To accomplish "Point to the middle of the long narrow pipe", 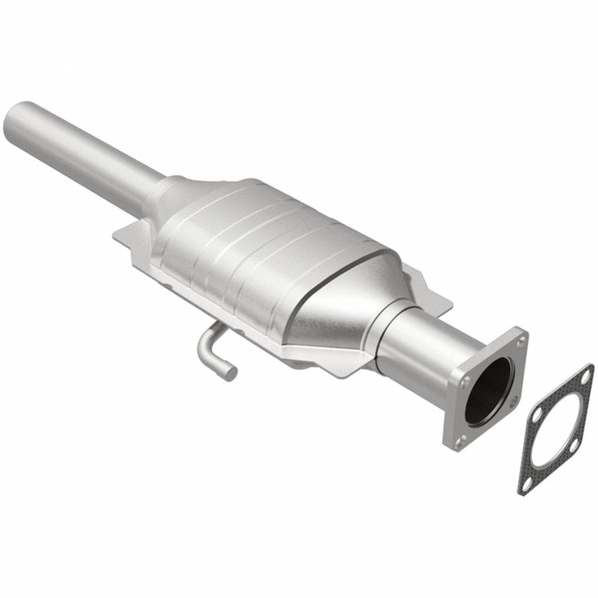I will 88,152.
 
